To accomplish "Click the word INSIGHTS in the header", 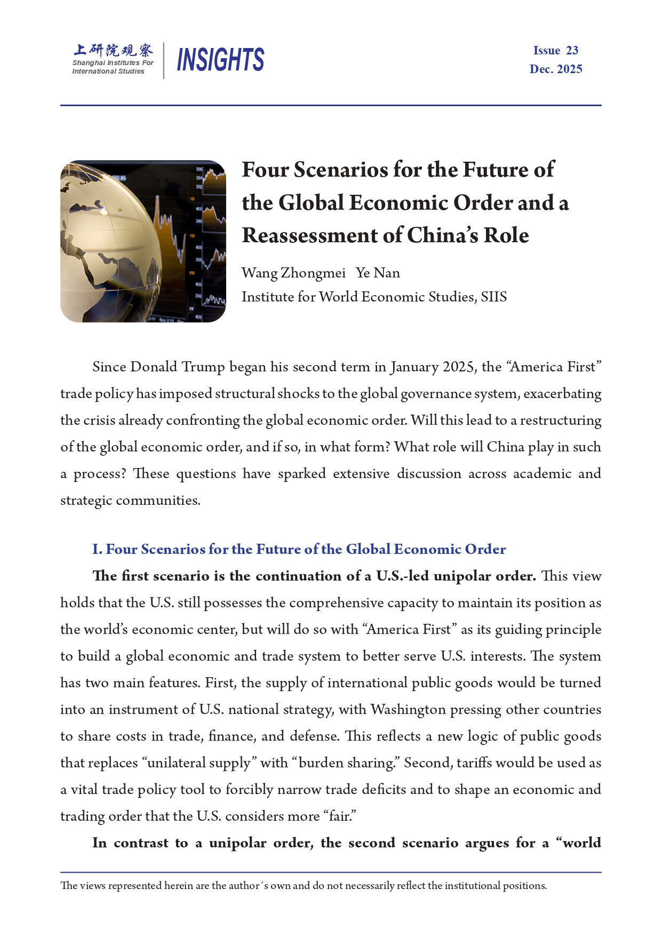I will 220,59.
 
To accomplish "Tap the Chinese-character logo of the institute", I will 113,50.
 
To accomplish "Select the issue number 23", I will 572,51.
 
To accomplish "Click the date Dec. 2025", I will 556,69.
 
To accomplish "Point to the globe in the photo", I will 109,240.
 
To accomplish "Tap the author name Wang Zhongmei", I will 293,273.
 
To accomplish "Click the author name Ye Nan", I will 378,273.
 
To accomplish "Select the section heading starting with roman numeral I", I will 299,549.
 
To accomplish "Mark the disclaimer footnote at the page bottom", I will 304,886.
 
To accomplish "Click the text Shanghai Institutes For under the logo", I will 113,63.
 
